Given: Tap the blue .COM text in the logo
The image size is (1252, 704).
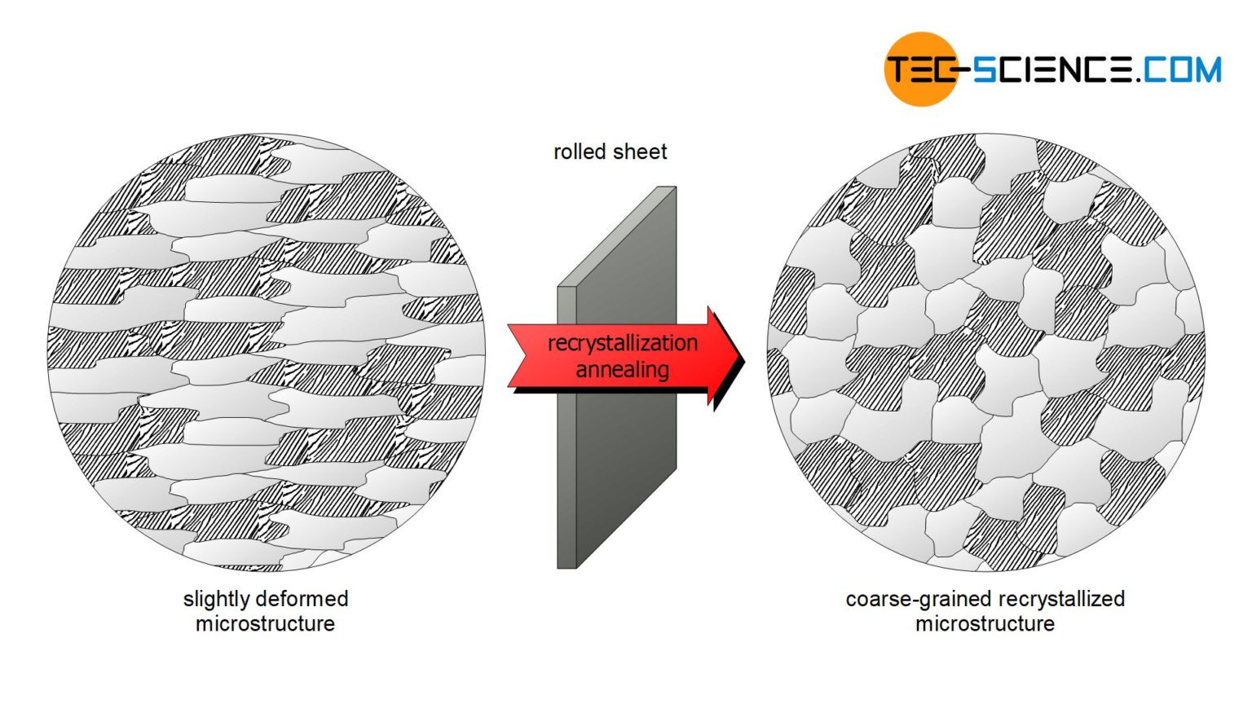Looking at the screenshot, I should click(1178, 69).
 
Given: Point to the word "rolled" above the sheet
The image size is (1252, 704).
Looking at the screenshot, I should click(580, 152).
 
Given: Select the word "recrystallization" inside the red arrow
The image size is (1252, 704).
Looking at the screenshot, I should click(622, 343).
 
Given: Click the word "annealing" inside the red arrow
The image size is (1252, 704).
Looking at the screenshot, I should click(622, 370).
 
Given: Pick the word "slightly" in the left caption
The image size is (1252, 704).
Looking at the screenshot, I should click(216, 599).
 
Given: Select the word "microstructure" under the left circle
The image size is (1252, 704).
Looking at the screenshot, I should click(265, 624).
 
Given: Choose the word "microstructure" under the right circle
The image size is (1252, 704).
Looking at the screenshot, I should click(985, 624).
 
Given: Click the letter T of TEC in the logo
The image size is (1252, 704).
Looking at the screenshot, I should click(897, 69).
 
